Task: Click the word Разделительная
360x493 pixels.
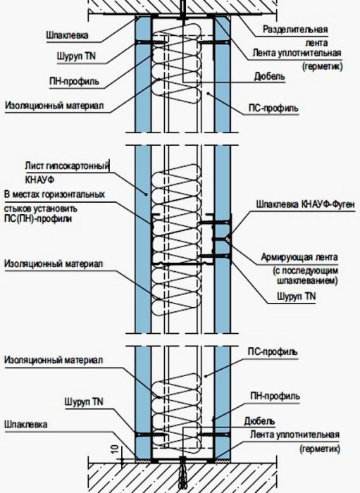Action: [x=295, y=30]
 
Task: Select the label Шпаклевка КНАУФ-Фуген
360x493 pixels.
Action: [x=305, y=204]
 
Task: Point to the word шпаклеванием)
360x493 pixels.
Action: [x=307, y=280]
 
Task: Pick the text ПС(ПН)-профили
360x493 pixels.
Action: [x=38, y=218]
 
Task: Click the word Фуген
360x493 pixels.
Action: [x=342, y=204]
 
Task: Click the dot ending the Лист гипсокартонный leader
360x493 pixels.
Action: [x=146, y=194]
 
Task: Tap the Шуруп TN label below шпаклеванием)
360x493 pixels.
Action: [x=296, y=296]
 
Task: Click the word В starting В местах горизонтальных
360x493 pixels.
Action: [x=7, y=194]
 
